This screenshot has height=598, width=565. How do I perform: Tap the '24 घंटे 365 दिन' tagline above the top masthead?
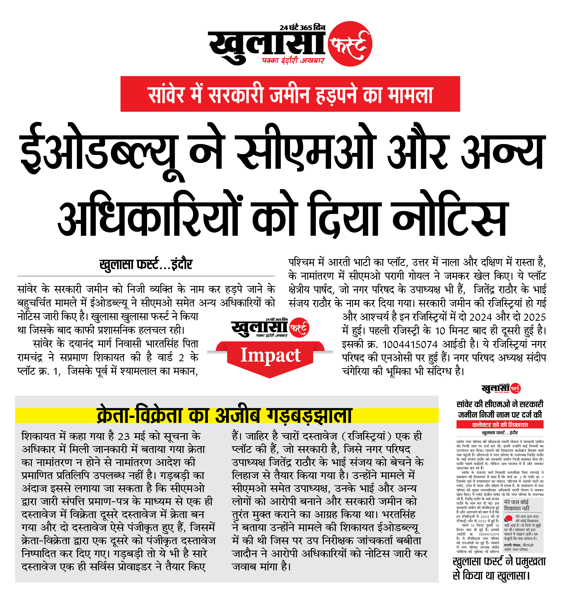tap(302, 28)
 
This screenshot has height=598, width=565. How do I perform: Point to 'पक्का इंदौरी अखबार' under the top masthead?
tap(293, 61)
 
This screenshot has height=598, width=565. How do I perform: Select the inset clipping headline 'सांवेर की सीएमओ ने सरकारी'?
tap(500, 404)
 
